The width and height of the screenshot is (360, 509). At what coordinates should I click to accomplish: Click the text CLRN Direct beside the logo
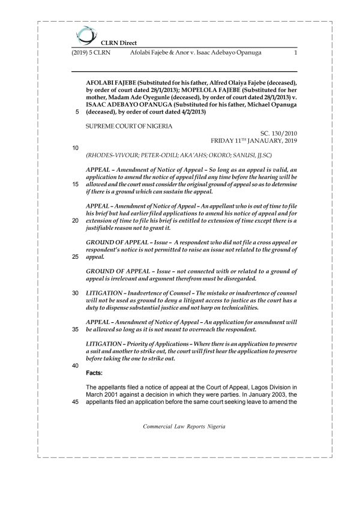click(119, 43)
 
